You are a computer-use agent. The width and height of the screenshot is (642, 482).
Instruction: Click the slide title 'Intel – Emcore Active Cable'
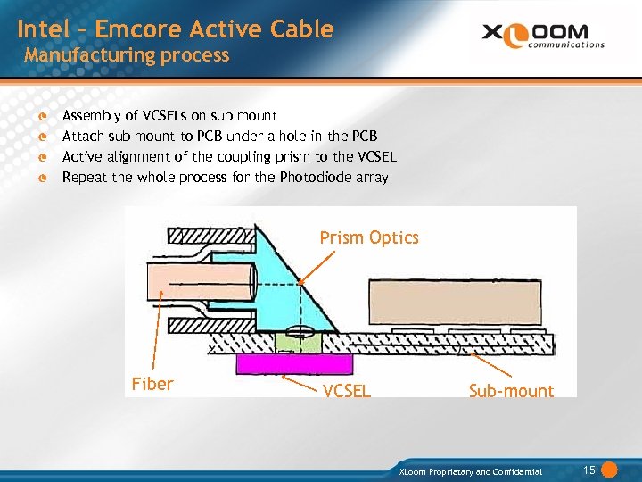175,29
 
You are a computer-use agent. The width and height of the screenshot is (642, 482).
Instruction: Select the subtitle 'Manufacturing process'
127,55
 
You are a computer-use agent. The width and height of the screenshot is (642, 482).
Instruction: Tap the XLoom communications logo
543,35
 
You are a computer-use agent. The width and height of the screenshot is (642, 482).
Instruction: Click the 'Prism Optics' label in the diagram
369,237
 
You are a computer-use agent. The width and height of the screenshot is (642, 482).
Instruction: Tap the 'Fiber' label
152,384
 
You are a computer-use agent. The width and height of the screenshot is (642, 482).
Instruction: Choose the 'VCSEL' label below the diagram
347,391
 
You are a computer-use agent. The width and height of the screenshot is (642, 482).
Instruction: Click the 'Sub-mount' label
511,391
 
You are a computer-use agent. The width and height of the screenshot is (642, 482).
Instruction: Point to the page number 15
588,470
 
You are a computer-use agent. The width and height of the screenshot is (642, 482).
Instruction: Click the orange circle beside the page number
610,470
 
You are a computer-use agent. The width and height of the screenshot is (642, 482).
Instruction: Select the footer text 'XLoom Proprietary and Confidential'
471,471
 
